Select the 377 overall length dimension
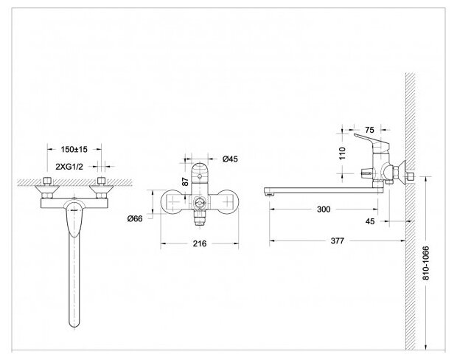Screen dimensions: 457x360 337,240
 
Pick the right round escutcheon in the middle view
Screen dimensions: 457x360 227,203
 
